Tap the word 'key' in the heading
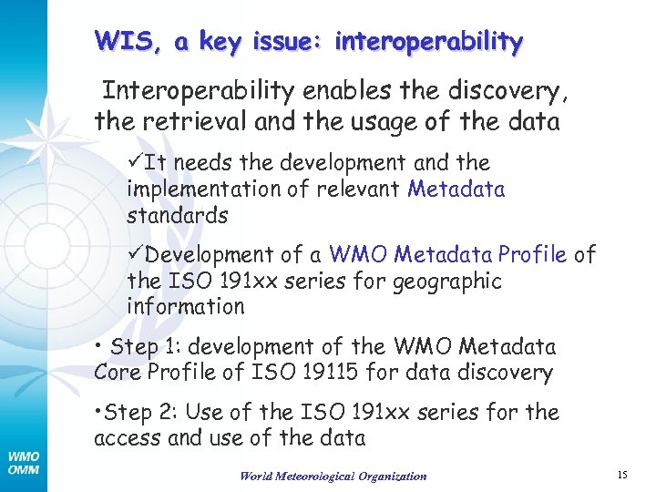click(231, 42)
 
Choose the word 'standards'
click(177, 216)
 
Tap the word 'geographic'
click(446, 281)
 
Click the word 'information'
click(186, 307)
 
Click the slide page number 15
click(623, 475)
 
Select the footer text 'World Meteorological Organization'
click(333, 476)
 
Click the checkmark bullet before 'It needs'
click(135, 163)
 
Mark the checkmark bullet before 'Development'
click(135, 255)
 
